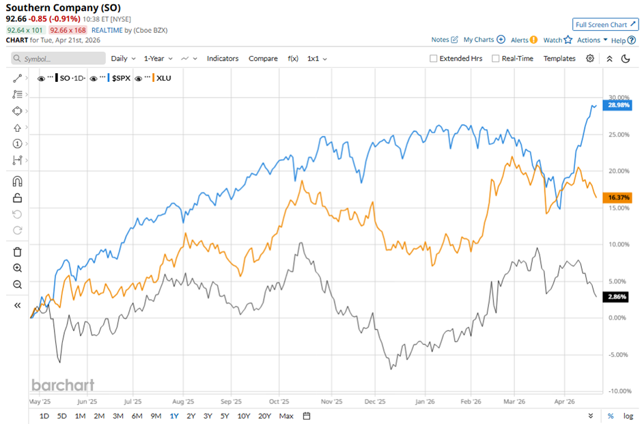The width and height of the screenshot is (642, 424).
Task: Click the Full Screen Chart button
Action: [606, 25]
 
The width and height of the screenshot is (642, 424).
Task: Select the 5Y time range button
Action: [225, 416]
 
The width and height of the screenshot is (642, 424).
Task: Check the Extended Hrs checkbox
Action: [433, 59]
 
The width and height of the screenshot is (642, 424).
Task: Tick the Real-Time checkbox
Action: [496, 59]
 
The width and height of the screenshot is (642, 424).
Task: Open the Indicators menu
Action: [223, 59]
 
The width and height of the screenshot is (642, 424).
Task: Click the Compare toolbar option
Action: [263, 59]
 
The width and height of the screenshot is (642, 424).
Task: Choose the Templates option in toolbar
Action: [559, 59]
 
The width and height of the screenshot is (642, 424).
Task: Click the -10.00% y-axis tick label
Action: [618, 391]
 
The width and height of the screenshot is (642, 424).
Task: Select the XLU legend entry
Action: [164, 79]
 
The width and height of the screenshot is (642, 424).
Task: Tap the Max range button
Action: [286, 416]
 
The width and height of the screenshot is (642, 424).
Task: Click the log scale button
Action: [628, 416]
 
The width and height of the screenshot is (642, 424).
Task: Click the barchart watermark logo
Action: [63, 385]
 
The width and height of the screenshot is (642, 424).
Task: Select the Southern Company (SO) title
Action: [63, 8]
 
